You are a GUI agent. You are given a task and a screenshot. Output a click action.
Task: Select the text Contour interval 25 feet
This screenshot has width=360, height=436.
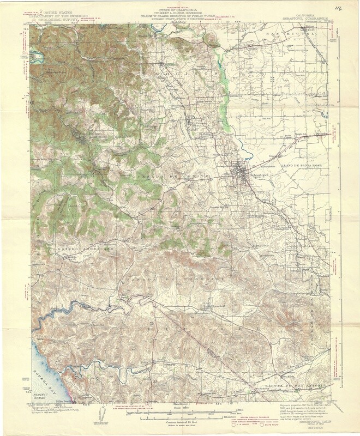tap(179, 423)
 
